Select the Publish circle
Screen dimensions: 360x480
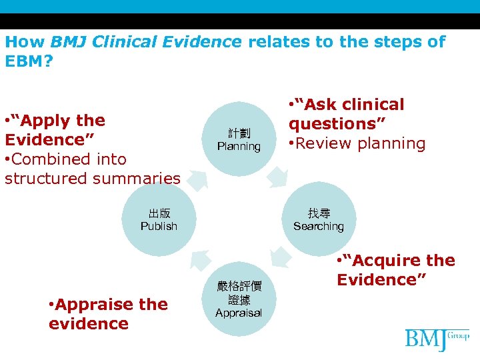[159, 220]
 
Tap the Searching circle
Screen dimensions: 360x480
[318, 220]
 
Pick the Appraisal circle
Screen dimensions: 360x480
[239, 299]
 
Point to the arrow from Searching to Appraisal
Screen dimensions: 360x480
[281, 257]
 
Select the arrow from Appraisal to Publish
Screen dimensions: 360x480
[199, 260]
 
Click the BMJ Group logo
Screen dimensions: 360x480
[437, 339]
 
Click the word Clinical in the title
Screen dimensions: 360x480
[122, 41]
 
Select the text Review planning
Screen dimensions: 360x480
[359, 143]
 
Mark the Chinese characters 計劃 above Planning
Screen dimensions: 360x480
[239, 133]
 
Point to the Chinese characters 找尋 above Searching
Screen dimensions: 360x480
[319, 213]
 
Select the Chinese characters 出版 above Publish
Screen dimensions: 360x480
[159, 213]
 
